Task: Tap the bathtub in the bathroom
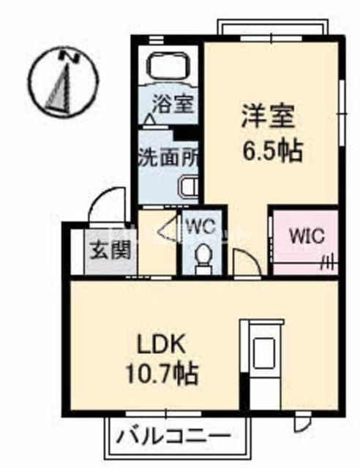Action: click(x=168, y=67)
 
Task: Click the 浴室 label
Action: click(x=173, y=104)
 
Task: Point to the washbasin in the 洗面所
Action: click(x=189, y=187)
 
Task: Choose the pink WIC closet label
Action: click(x=307, y=235)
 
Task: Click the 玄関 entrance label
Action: click(x=110, y=250)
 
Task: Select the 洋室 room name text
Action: click(x=268, y=116)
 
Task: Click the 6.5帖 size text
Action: click(x=272, y=151)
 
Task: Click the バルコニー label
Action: click(x=173, y=437)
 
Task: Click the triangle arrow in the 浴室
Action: click(x=150, y=119)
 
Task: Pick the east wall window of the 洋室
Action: click(x=342, y=113)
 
